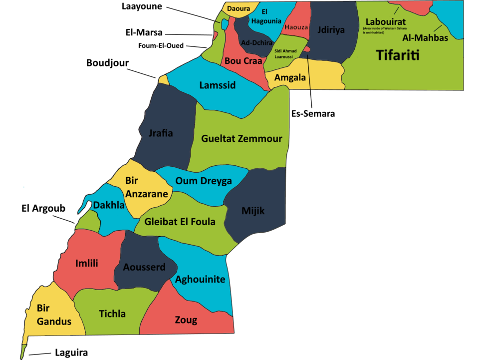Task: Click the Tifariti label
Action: tap(398, 55)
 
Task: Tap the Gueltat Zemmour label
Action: tap(241, 139)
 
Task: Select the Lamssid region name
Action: tap(217, 85)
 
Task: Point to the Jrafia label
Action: tap(161, 133)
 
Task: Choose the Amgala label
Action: tap(290, 77)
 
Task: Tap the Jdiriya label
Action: tap(331, 30)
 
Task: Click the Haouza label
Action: tap(296, 27)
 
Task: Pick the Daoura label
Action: tap(239, 8)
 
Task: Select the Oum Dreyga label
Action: tap(204, 181)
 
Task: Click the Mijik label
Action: tap(253, 211)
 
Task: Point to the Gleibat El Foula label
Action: tap(180, 222)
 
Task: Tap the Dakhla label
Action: tap(109, 205)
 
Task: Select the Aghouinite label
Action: tap(200, 280)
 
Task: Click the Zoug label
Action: tap(186, 320)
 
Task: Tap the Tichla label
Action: tap(112, 314)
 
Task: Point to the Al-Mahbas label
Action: tap(425, 38)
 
